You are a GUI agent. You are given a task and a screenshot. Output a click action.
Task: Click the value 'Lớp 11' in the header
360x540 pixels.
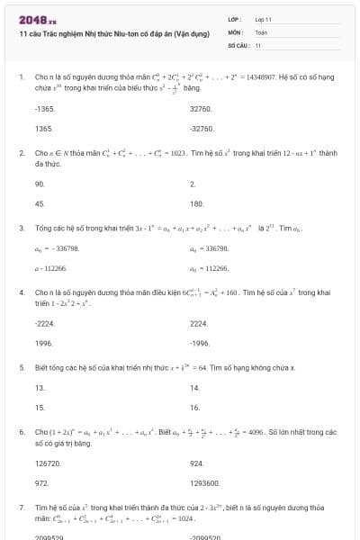(x=263, y=19)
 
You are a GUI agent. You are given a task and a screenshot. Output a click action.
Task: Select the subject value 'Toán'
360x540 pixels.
(x=261, y=31)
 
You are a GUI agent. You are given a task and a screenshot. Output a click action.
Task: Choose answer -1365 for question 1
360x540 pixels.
(x=44, y=108)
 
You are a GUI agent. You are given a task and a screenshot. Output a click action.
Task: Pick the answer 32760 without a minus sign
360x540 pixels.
(x=201, y=108)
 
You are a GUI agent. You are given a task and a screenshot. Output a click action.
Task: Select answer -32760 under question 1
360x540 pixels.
(x=202, y=129)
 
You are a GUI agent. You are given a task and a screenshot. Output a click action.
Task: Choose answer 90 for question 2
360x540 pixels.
(x=40, y=183)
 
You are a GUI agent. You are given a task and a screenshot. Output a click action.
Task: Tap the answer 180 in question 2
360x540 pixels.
(x=197, y=203)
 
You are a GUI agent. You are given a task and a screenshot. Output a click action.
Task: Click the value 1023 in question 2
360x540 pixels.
(x=176, y=153)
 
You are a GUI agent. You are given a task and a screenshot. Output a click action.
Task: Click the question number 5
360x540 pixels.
(x=21, y=367)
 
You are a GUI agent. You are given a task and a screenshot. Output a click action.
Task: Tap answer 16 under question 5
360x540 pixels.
(x=195, y=407)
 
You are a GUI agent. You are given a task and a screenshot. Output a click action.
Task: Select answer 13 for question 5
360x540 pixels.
(x=40, y=387)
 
